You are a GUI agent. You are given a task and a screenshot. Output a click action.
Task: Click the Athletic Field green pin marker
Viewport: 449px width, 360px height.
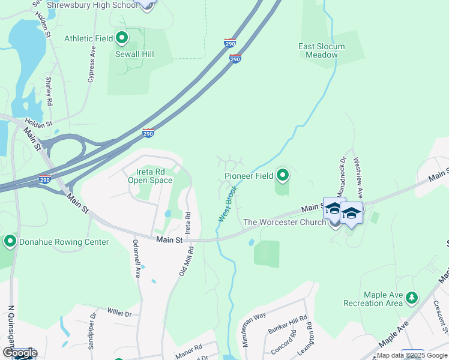[x=122, y=38]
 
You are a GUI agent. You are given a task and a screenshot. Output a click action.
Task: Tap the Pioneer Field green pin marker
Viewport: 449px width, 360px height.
[x=283, y=175]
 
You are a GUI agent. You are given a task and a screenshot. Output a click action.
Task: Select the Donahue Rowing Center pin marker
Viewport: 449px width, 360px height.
[x=10, y=242]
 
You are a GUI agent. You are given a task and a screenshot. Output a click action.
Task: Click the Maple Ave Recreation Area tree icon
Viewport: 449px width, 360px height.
[x=411, y=297]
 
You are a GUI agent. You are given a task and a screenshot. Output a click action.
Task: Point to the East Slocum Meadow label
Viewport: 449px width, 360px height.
[x=322, y=50]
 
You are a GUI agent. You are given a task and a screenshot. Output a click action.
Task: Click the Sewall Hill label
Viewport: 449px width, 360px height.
[x=134, y=54]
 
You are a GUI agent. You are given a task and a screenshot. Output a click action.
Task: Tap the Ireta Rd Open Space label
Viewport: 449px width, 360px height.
[x=150, y=176]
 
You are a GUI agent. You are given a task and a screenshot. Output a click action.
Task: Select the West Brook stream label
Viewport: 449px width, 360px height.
[x=228, y=203]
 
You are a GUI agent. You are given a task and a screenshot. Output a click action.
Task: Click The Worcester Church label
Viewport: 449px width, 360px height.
[x=285, y=222]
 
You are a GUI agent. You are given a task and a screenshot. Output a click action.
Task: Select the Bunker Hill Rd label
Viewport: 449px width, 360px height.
[x=287, y=324]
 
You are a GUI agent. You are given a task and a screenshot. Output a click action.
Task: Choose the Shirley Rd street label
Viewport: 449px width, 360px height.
[x=48, y=91]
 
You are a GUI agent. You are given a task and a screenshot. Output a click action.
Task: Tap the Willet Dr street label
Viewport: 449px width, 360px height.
[x=119, y=312]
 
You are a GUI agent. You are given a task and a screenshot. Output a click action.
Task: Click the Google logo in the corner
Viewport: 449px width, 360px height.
[x=20, y=353]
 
